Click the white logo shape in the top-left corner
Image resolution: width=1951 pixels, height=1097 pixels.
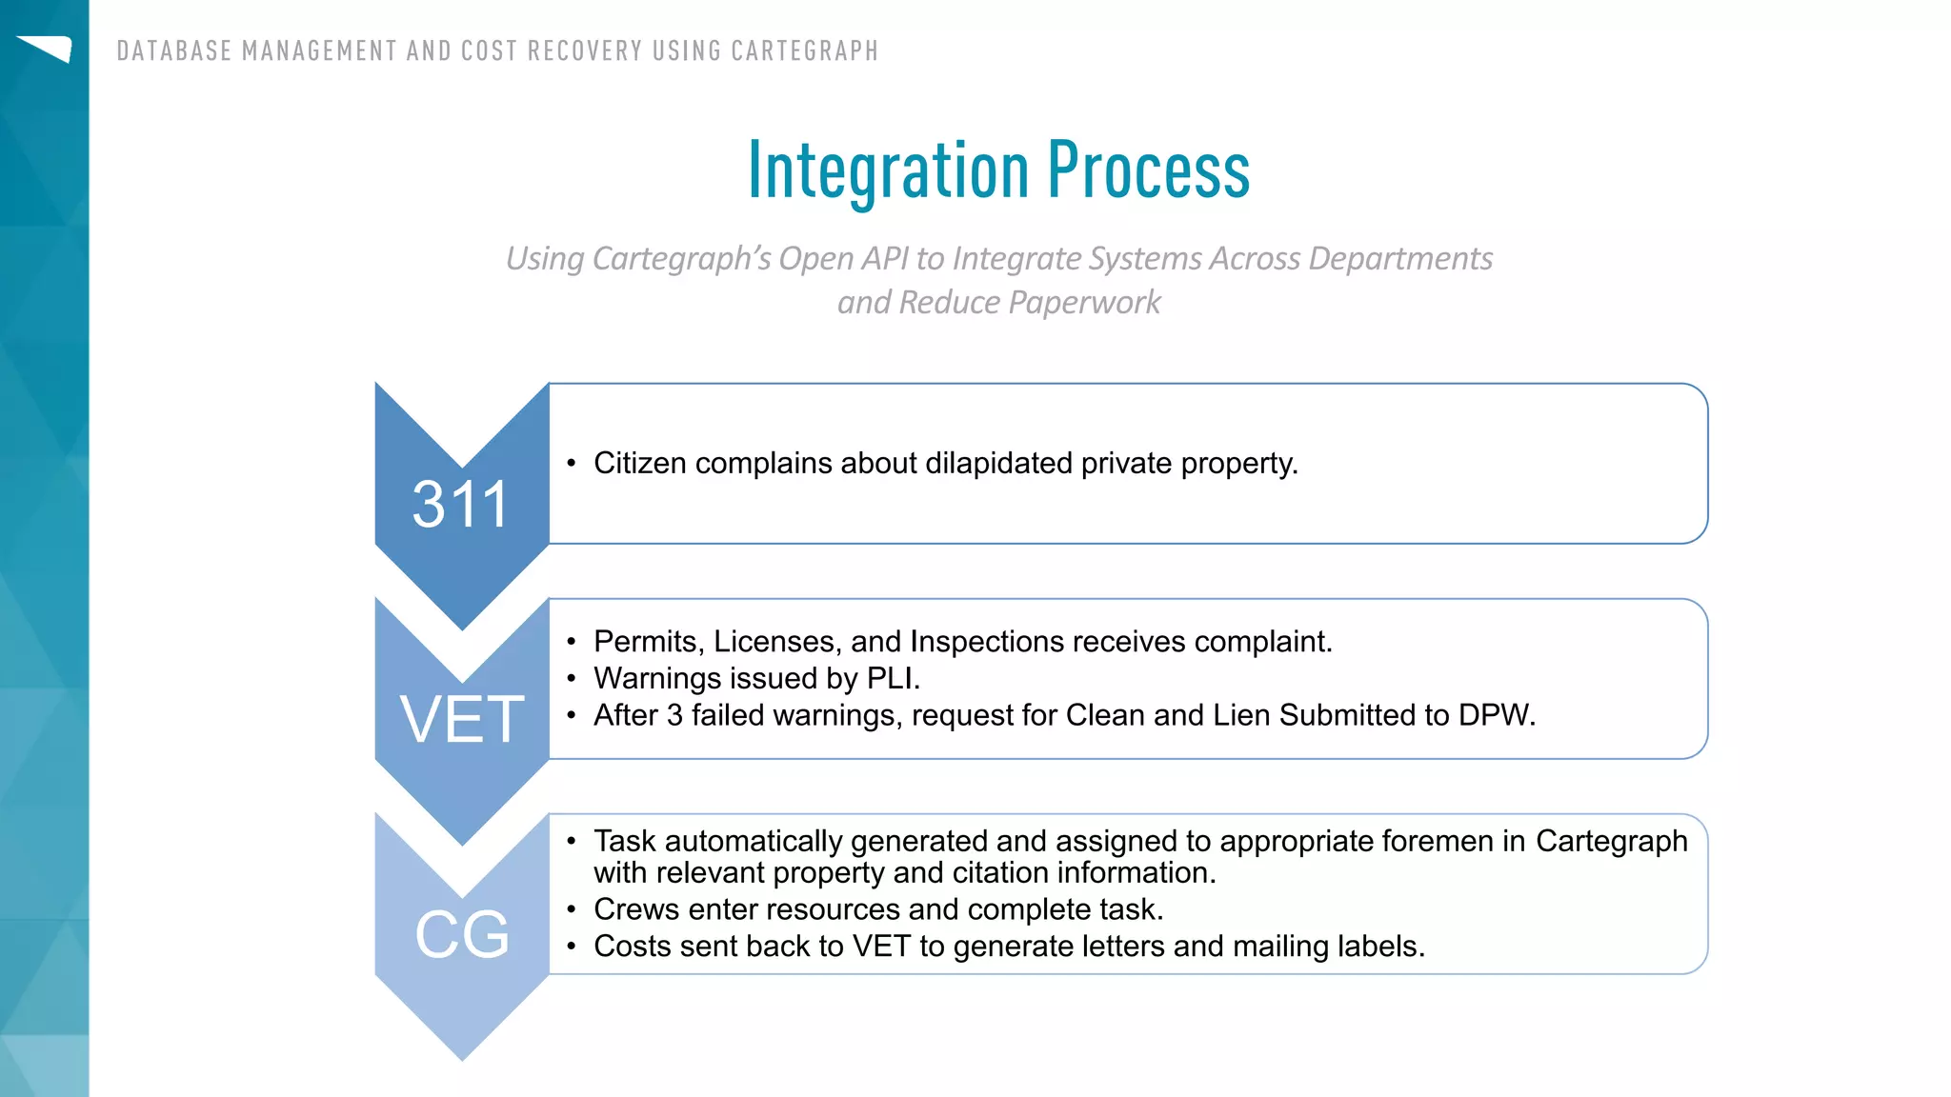46,48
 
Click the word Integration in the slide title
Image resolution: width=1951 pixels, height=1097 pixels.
888,171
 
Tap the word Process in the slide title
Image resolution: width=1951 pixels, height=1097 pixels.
1149,171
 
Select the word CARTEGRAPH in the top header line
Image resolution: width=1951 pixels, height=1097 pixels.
804,50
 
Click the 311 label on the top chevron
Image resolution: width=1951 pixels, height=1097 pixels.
460,504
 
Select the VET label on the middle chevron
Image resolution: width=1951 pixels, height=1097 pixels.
462,719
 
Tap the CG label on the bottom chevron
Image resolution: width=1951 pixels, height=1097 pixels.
462,934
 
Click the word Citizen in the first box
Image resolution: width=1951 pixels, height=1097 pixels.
639,463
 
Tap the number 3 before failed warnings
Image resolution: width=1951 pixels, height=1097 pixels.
674,715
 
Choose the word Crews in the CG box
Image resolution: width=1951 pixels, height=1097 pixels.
636,909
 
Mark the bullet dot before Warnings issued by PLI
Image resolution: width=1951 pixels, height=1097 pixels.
572,679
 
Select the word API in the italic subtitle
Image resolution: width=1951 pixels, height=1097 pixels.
884,259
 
